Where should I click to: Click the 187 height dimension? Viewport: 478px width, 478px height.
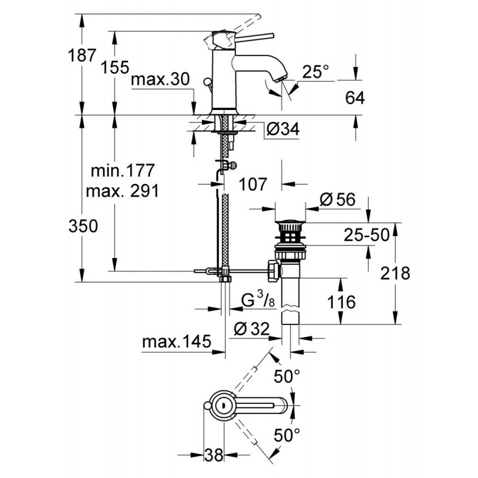82,56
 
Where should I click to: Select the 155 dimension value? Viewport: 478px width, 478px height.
115,67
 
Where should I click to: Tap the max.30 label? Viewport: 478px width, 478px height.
160,79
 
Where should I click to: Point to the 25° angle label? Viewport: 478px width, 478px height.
316,72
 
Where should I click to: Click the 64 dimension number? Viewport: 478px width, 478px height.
355,98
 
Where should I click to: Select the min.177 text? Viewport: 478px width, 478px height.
123,171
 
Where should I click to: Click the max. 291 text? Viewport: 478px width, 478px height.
122,191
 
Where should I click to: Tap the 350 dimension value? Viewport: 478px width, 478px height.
83,226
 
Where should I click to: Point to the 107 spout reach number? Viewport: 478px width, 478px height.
253,185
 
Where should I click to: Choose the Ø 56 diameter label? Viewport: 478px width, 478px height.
338,200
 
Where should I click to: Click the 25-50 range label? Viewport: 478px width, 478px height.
367,235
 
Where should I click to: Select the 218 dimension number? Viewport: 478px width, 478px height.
395,274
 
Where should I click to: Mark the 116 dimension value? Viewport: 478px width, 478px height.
341,302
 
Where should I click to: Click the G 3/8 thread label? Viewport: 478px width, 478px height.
258,300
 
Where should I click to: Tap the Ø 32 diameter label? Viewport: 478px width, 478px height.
252,329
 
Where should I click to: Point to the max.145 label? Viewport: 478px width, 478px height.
176,342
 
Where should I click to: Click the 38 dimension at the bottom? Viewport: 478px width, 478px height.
214,455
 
